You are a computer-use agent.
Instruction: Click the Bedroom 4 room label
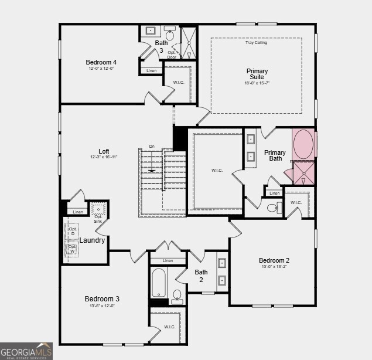pos(101,62)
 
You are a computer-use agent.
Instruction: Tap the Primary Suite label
pos(257,74)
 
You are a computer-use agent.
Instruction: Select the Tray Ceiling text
pos(256,43)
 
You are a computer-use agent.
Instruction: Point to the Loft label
pos(104,151)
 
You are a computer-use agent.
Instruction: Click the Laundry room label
pos(92,240)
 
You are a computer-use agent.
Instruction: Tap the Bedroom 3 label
pos(102,299)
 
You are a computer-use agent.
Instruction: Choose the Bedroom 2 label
pos(274,260)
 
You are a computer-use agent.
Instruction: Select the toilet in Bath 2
pos(178,295)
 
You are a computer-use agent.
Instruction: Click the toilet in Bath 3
pos(170,34)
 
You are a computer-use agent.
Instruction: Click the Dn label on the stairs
pos(152,146)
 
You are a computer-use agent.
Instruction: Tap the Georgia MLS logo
pos(26,351)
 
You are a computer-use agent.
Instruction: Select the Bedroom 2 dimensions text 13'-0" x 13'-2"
pos(274,267)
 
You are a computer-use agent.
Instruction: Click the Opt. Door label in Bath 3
pos(172,55)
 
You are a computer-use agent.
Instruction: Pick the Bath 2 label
pos(201,276)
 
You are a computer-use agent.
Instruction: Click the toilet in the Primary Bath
pos(273,208)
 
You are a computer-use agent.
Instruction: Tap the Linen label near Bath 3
pos(151,70)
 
